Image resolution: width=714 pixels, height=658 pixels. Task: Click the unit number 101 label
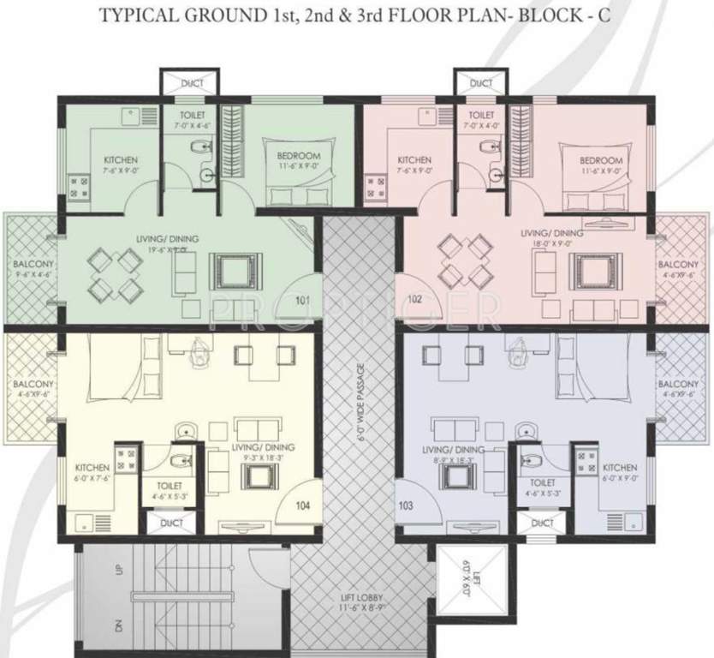coord(303,301)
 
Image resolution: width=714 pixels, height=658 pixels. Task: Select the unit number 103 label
coord(406,506)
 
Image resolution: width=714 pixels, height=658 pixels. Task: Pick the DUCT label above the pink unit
coord(481,83)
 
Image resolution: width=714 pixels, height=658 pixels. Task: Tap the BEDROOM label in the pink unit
coord(600,160)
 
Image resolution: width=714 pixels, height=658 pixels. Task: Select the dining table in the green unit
coord(114,274)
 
